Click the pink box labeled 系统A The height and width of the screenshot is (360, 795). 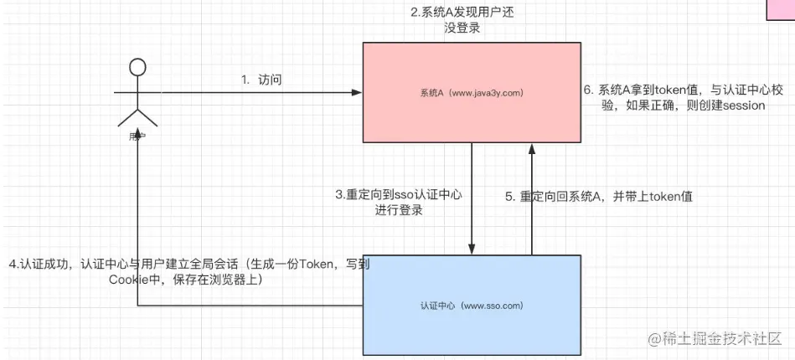471,117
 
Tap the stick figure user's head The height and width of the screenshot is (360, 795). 138,66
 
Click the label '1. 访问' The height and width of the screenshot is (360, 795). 261,80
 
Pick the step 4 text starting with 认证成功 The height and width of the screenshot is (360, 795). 189,272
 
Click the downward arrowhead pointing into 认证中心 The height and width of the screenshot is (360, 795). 472,248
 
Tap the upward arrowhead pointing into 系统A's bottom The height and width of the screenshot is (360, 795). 529,148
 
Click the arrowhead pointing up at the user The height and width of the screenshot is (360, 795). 137,139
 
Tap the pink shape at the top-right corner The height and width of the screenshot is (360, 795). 781,8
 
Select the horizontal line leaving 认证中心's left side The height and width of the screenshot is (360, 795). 251,307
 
